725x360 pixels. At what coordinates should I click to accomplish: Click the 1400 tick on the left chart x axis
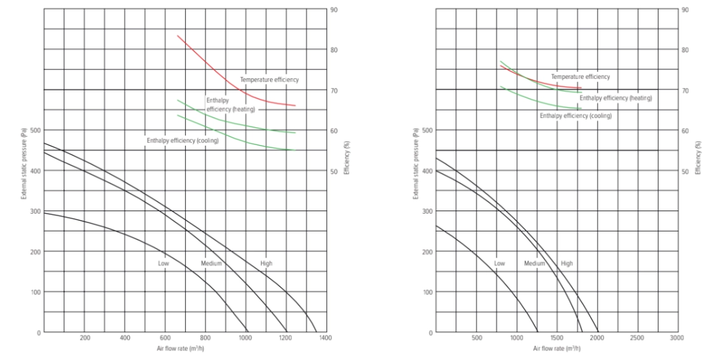click(325, 338)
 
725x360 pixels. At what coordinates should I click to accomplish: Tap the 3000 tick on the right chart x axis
click(677, 338)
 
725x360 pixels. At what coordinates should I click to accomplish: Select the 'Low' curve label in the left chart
click(163, 263)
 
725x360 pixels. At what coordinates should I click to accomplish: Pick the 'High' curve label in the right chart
click(567, 263)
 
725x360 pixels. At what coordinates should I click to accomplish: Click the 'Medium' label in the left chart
click(211, 263)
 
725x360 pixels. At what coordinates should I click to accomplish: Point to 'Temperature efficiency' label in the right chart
click(580, 77)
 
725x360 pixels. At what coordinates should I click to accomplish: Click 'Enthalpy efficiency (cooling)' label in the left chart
click(183, 140)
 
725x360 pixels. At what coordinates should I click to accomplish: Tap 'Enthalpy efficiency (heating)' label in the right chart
click(615, 99)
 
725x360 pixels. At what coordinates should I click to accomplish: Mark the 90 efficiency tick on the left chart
click(333, 10)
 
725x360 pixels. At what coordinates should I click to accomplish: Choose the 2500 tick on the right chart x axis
click(637, 338)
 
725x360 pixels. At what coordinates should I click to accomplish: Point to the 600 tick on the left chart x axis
click(165, 338)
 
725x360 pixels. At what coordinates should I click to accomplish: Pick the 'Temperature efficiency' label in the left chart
click(269, 80)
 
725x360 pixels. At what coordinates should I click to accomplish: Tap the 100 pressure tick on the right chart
click(428, 292)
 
